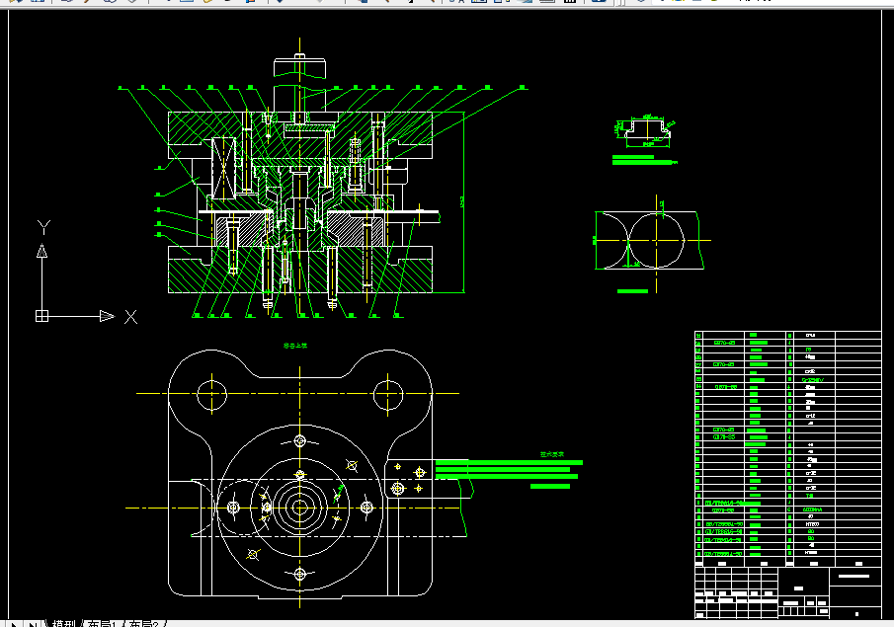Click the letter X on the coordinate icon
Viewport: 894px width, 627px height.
[x=130, y=316]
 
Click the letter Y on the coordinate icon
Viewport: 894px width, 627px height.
[x=42, y=227]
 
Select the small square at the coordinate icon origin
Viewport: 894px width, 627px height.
[x=41, y=316]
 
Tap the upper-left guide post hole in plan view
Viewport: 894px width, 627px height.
[x=211, y=395]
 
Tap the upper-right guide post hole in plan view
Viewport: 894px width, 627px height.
[x=388, y=395]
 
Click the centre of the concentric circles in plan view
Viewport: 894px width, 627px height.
[x=299, y=507]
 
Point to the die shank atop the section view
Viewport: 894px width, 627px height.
[x=299, y=69]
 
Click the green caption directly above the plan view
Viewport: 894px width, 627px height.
[x=296, y=347]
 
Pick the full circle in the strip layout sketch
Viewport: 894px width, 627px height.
[x=659, y=240]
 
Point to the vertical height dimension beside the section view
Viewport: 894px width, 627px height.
[x=462, y=202]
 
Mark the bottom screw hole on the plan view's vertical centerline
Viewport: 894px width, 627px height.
[x=299, y=574]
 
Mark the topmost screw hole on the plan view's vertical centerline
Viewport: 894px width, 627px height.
[x=299, y=440]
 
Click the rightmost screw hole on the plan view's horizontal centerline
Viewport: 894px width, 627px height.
[x=366, y=507]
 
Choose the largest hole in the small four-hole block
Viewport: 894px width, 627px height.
[x=397, y=488]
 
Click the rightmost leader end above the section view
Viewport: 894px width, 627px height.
[x=523, y=87]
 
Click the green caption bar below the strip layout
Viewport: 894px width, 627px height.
[x=632, y=291]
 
